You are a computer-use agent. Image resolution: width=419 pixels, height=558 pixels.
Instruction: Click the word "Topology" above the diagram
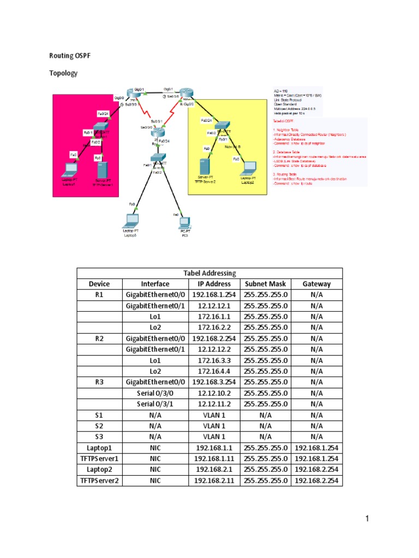(63, 73)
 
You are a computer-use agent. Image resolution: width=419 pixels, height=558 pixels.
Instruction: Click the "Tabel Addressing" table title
(209, 273)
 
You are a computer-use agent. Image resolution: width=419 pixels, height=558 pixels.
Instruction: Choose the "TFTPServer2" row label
(99, 480)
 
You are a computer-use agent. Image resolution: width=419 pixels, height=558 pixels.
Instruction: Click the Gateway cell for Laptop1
(317, 447)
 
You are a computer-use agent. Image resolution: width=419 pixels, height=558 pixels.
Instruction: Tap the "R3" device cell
(99, 382)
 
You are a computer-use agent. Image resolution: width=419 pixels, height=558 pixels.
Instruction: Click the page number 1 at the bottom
(368, 519)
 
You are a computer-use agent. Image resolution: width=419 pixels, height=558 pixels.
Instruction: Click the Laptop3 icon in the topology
(131, 221)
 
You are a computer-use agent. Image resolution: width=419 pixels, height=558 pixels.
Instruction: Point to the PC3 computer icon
(184, 222)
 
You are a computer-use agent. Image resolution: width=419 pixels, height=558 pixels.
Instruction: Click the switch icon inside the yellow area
(223, 125)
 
